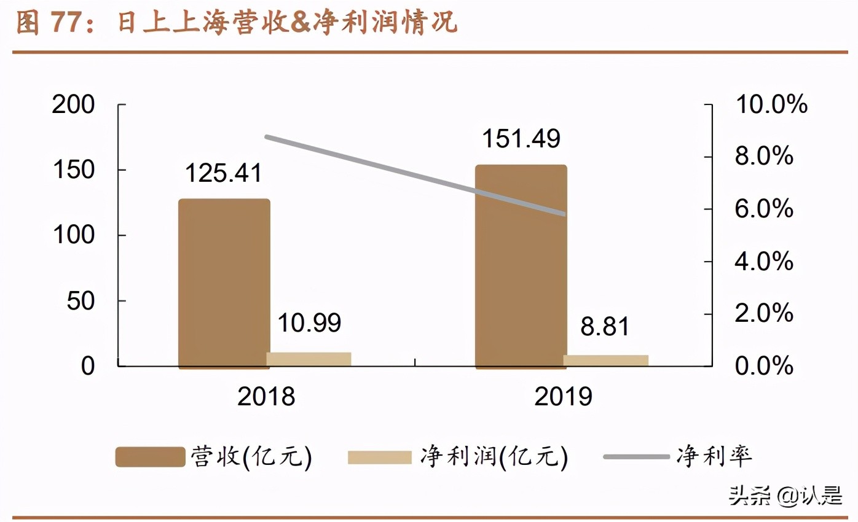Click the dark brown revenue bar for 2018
pos(224,284)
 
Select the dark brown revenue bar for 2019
pos(521,267)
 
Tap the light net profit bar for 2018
pos(309,359)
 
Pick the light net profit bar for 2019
pos(605,360)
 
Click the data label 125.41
pos(224,173)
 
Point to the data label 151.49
pos(521,139)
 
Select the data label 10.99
pos(309,323)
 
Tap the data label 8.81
pos(605,327)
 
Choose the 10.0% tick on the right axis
pos(771,105)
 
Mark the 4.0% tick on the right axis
pos(764,262)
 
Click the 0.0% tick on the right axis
pos(764,367)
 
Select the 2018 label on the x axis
pos(266,397)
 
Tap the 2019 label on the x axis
pos(563,397)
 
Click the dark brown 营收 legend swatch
pos(150,457)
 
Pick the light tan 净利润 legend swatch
pos(379,457)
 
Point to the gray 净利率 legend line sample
pos(636,457)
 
